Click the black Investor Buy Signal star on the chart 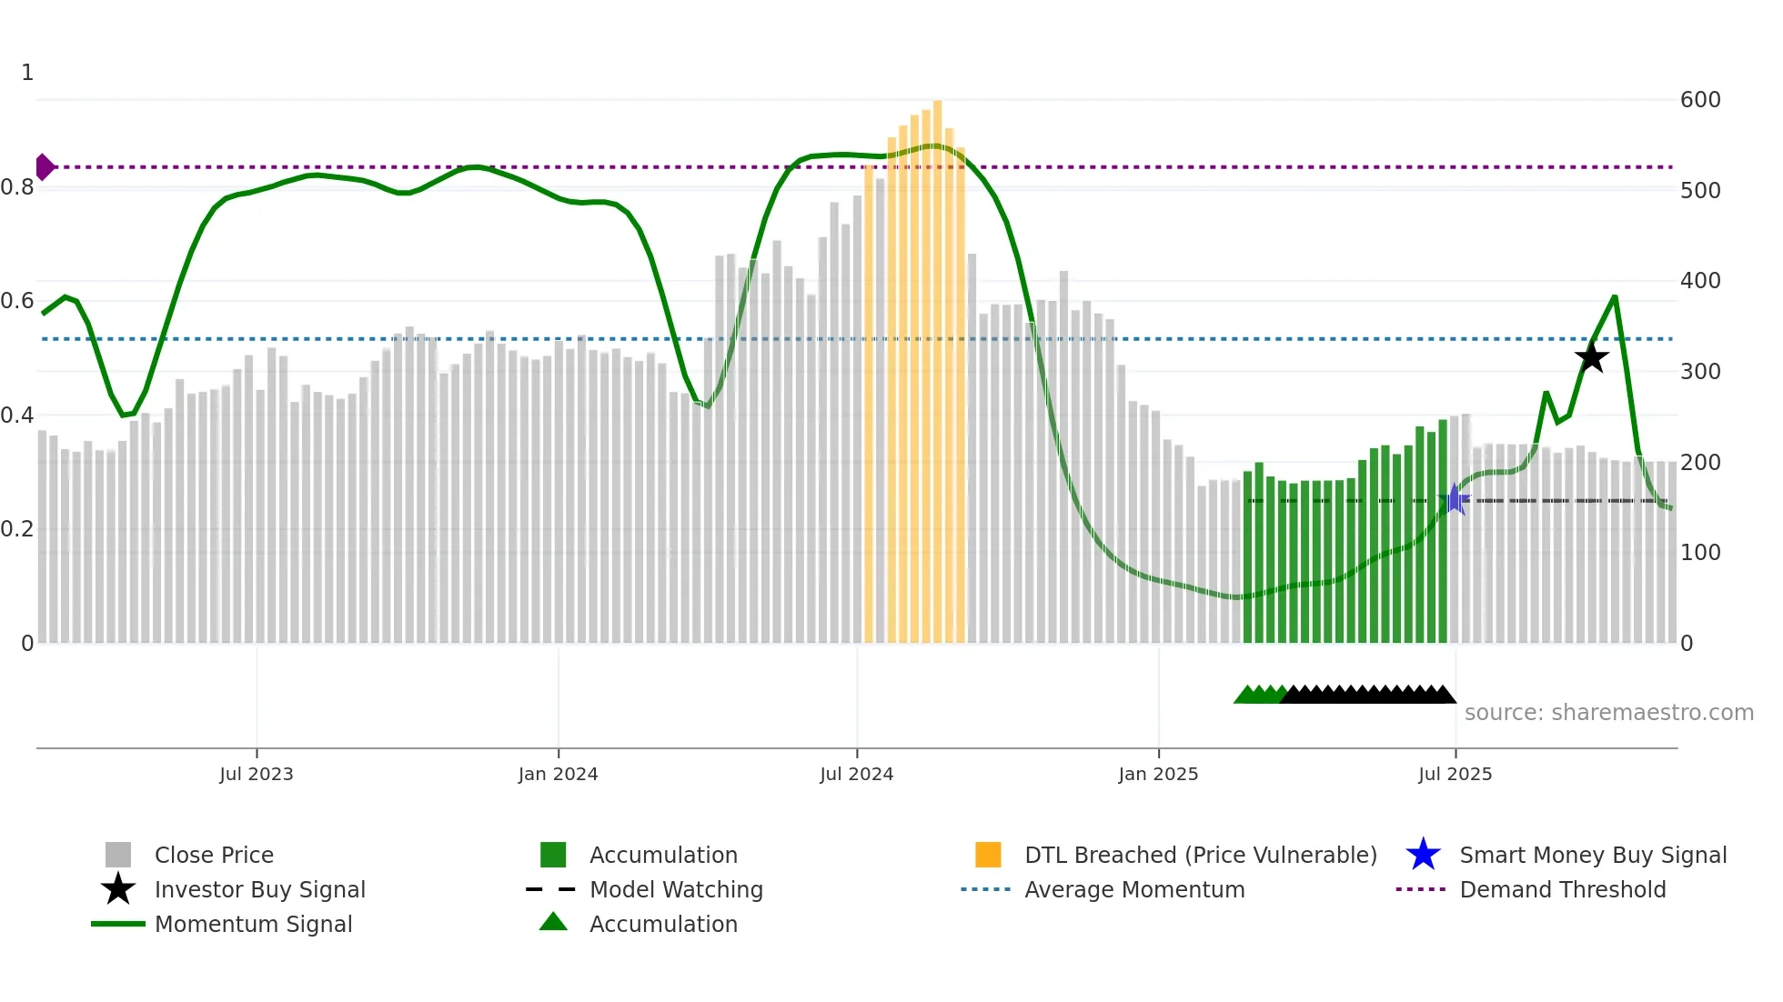pos(1591,357)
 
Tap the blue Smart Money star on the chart pos(1454,499)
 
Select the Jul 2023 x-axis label pos(257,774)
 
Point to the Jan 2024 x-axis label pos(558,774)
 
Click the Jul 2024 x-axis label pos(856,774)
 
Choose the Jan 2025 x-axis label pos(1158,774)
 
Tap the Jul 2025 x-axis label pos(1455,774)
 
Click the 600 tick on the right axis pos(1699,100)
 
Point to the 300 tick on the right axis pos(1699,372)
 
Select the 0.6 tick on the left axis pos(17,301)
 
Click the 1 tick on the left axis pos(27,73)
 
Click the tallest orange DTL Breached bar pos(937,364)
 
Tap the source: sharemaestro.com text pos(1608,713)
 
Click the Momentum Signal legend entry pos(253,924)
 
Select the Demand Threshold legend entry pos(1562,889)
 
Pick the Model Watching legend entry pos(675,889)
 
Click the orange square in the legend pos(988,855)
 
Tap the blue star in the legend pos(1423,855)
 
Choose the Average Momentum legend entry pos(1133,889)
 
